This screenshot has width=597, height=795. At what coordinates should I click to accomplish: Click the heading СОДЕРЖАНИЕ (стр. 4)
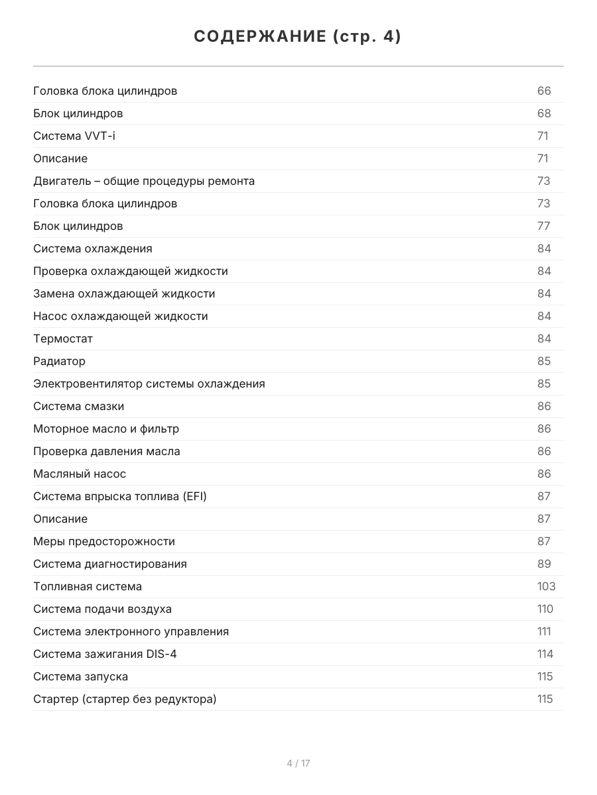pos(298,37)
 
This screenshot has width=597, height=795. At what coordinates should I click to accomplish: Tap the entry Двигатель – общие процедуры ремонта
pos(144,181)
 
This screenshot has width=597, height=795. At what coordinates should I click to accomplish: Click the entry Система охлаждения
pos(93,248)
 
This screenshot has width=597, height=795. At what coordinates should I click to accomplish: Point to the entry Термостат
pos(63,339)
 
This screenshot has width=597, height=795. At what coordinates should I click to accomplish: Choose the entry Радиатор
pos(59,361)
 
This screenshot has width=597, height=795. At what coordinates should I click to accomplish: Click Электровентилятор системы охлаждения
pos(149,384)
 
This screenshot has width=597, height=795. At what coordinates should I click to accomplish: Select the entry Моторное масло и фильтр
pos(106,429)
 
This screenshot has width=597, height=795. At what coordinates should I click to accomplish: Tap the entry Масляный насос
pos(80,474)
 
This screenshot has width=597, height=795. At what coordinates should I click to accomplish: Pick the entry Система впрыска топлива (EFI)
pos(120,496)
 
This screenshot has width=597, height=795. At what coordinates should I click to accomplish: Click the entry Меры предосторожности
pos(104,541)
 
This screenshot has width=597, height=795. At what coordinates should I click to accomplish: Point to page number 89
pos(544,564)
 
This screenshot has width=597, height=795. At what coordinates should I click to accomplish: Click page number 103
pos(546,586)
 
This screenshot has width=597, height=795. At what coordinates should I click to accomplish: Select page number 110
pos(545,609)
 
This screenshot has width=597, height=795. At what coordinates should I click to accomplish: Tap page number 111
pos(544,631)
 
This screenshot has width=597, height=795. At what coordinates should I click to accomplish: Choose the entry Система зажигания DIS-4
pos(105,654)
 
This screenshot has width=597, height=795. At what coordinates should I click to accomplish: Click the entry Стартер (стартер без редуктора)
pos(125,699)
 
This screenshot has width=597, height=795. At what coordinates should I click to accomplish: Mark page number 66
pos(544,91)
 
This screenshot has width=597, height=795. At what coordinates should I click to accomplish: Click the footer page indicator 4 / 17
pos(298,763)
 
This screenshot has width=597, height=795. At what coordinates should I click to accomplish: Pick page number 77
pos(544,226)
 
